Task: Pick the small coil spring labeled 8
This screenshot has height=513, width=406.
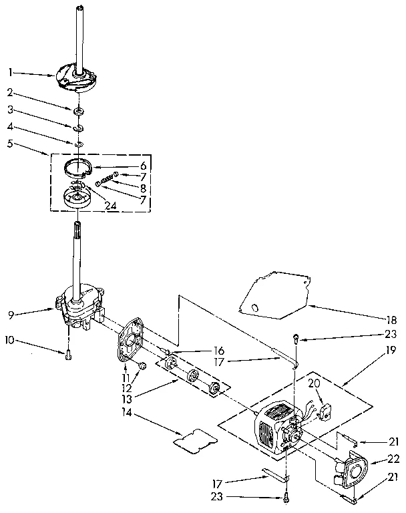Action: click(x=105, y=180)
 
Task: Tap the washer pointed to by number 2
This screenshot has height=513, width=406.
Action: click(x=79, y=109)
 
